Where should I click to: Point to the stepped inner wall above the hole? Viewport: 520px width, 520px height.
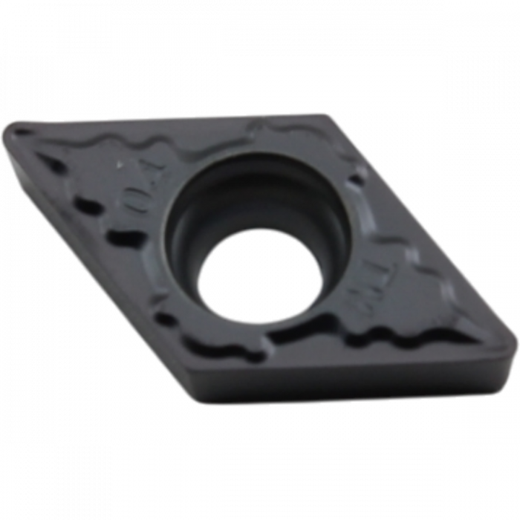tap(245, 186)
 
